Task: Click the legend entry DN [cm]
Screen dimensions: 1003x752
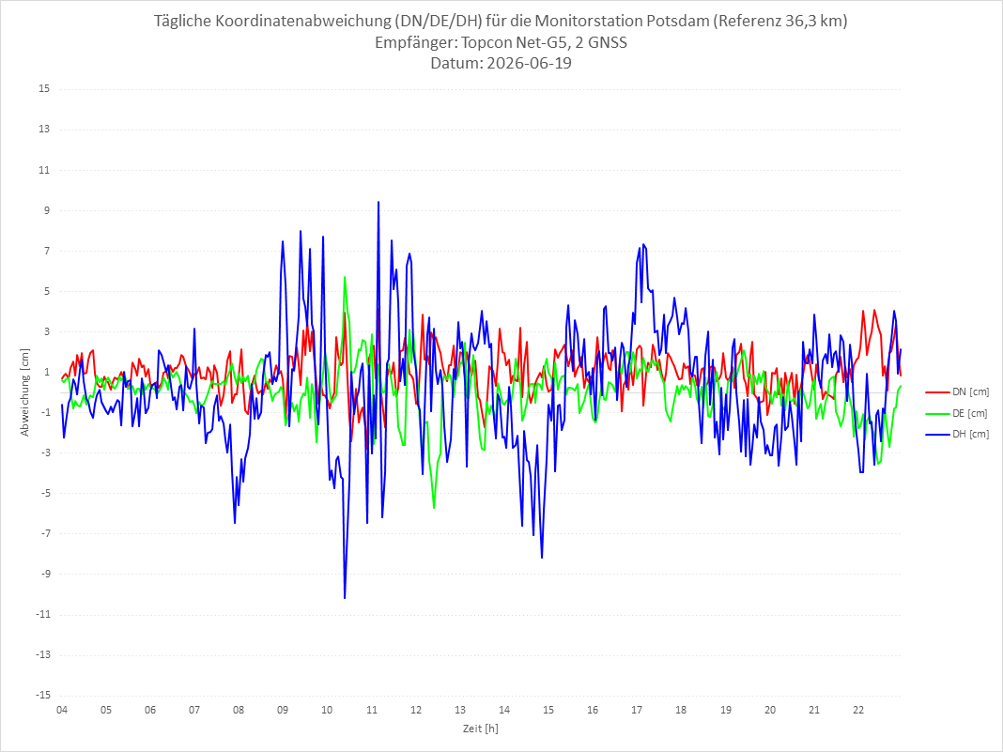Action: (957, 392)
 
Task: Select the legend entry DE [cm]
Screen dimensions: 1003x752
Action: (957, 413)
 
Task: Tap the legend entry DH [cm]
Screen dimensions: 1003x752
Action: (957, 434)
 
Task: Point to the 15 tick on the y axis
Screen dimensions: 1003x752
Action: (44, 89)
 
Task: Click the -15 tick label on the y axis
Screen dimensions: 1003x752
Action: (42, 695)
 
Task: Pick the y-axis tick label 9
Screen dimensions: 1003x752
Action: (47, 210)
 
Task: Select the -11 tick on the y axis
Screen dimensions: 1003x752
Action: (42, 615)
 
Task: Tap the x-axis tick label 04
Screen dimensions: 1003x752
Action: (62, 710)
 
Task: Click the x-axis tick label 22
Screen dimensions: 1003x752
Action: (858, 710)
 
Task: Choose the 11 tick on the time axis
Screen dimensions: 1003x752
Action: (372, 710)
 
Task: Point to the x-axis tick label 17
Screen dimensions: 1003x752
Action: (637, 710)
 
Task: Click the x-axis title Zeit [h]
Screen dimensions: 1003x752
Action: (481, 729)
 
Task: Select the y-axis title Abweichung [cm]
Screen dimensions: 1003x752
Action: (25, 392)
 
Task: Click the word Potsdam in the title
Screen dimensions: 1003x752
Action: (677, 21)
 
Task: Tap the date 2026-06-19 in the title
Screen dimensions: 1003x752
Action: (529, 63)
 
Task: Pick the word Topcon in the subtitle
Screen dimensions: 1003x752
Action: (485, 42)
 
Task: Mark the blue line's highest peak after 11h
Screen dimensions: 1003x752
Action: (378, 202)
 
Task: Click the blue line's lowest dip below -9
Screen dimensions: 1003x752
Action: (345, 598)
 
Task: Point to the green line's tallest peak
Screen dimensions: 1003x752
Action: (345, 277)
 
